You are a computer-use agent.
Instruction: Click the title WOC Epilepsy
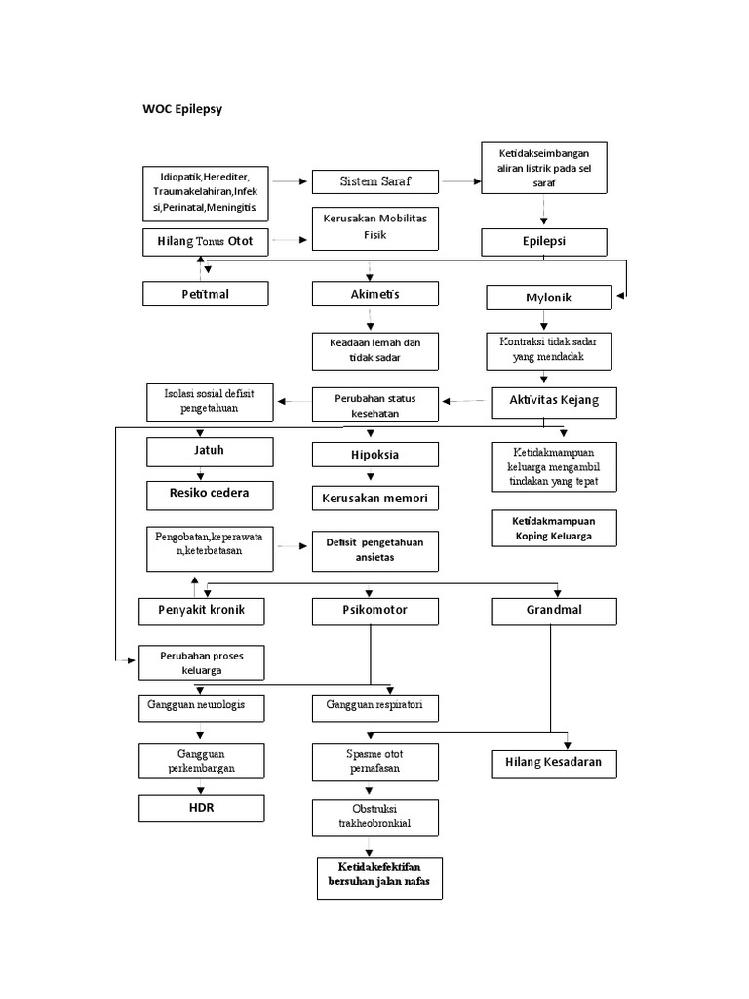182,109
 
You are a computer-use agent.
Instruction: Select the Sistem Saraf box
374,181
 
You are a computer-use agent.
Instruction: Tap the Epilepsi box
543,241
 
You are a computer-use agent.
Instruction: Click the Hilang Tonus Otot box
204,241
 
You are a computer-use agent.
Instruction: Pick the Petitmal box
204,294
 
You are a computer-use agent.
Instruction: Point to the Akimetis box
374,294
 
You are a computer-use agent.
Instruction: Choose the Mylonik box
549,297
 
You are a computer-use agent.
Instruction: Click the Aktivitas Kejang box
553,400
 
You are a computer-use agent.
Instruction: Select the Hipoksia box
374,454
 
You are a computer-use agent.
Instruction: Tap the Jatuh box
204,453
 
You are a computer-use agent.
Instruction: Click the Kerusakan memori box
374,499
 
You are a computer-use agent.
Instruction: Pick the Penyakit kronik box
202,612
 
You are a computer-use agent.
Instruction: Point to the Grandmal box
553,612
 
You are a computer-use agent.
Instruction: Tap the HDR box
202,809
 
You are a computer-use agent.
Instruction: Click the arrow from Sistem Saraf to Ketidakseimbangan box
460,181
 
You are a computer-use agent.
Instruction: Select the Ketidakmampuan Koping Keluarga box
553,529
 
